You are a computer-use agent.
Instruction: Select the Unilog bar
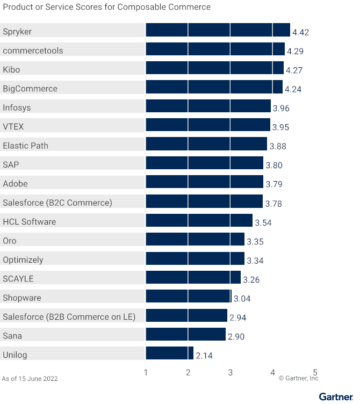169,353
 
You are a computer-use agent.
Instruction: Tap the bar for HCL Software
199,220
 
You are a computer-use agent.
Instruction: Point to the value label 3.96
281,109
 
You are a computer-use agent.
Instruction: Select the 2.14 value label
204,356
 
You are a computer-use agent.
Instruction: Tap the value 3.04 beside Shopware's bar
242,299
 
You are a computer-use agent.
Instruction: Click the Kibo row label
11,70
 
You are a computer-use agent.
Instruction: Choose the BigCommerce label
30,89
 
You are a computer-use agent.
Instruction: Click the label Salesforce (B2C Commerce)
57,203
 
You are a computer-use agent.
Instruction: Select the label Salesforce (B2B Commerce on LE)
69,316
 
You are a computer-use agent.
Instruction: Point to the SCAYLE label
18,279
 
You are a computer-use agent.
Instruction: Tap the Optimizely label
23,259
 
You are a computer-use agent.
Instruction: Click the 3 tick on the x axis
230,372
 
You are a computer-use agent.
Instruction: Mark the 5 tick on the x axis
315,372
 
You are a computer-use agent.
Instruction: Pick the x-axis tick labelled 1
146,372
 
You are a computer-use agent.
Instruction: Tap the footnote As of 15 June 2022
30,378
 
